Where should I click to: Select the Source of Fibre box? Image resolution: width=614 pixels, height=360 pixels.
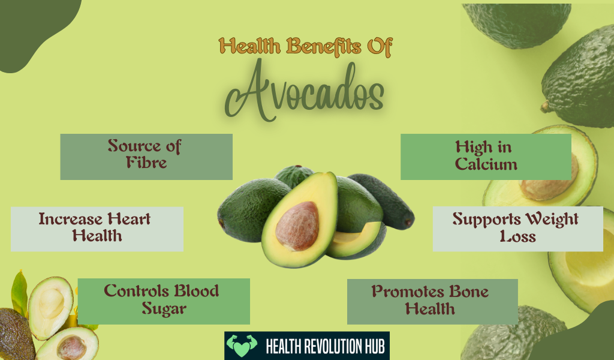coord(146,156)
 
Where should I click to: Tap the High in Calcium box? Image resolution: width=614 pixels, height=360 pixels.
coord(486,156)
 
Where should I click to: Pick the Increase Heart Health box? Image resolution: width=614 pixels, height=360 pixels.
coord(97,229)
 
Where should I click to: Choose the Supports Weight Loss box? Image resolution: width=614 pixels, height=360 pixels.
coord(517,229)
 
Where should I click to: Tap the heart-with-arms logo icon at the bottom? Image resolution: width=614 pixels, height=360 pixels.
coord(242,346)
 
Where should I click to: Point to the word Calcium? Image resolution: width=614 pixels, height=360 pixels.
coord(486,164)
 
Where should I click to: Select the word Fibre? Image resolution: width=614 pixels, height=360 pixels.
coord(146,164)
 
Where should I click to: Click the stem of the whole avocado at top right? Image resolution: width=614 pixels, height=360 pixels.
coord(545,108)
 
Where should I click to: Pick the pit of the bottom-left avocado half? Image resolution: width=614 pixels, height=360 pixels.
coord(72,347)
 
